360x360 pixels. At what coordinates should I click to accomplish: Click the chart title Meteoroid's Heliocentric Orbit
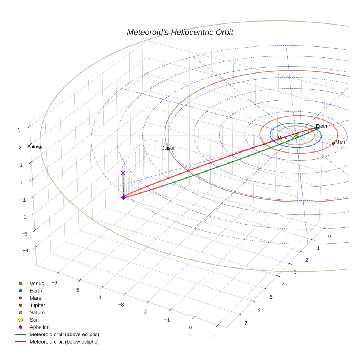click(x=180, y=32)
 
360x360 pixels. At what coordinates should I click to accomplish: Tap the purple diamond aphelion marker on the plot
click(x=124, y=197)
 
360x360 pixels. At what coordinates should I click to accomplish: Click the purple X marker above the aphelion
click(x=123, y=173)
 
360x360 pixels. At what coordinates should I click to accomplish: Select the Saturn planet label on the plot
click(x=34, y=147)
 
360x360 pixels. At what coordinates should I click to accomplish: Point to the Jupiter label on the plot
click(x=169, y=148)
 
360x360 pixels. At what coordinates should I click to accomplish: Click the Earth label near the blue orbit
click(x=322, y=126)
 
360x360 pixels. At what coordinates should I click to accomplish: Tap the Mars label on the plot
click(x=340, y=142)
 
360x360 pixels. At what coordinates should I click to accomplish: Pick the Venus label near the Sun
click(x=285, y=138)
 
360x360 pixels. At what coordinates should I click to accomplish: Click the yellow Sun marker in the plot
click(x=296, y=135)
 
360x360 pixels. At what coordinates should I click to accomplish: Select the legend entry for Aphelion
click(x=40, y=327)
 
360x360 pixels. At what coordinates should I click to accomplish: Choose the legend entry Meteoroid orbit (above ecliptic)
click(x=64, y=334)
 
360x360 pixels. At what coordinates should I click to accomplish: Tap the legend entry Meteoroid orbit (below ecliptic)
click(x=64, y=342)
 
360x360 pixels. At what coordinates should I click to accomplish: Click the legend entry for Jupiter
click(x=37, y=305)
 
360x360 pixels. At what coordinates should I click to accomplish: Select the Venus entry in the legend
click(x=37, y=284)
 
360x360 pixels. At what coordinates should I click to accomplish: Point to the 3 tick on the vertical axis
click(x=19, y=130)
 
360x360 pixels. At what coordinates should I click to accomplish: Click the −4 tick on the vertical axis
click(x=26, y=251)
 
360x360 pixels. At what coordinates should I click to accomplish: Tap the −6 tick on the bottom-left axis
click(x=54, y=283)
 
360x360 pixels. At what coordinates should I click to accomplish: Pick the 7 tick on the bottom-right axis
click(x=246, y=323)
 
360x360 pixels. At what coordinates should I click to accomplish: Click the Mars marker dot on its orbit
click(x=333, y=143)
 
